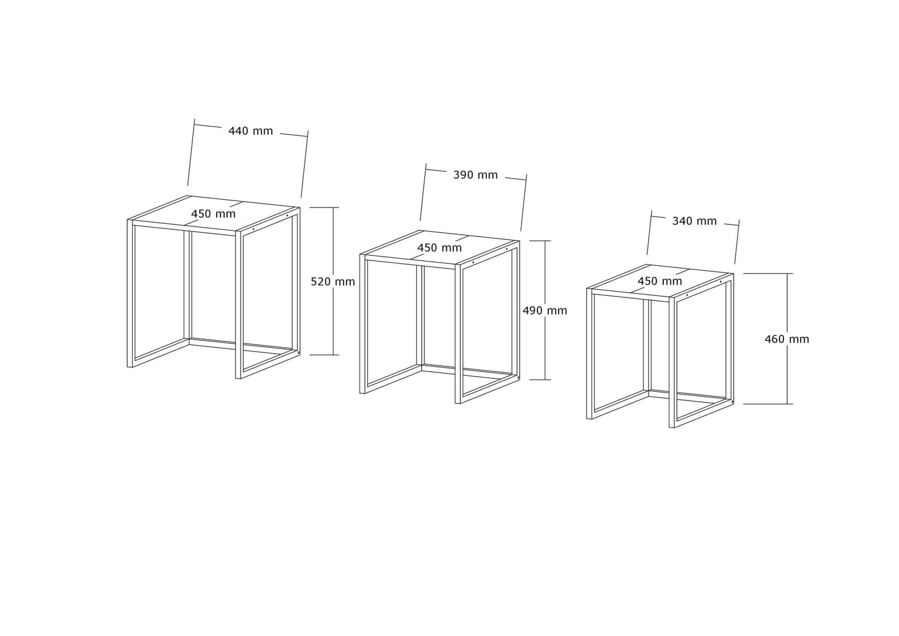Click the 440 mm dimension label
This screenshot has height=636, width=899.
click(250, 131)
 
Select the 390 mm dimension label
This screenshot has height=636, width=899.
click(475, 175)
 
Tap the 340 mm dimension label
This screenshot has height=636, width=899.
click(694, 221)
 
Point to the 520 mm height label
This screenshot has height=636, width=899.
click(333, 282)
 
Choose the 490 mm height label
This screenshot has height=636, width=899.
click(544, 311)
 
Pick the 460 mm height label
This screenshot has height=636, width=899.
click(787, 339)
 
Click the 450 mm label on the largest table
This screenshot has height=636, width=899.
click(213, 214)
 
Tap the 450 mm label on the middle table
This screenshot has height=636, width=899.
click(439, 248)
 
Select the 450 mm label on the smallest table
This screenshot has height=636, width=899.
click(660, 281)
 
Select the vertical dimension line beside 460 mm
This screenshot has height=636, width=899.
click(787, 371)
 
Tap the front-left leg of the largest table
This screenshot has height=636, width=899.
click(130, 295)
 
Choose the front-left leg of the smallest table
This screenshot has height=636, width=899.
click(589, 355)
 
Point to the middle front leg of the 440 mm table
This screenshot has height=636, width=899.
click(238, 306)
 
